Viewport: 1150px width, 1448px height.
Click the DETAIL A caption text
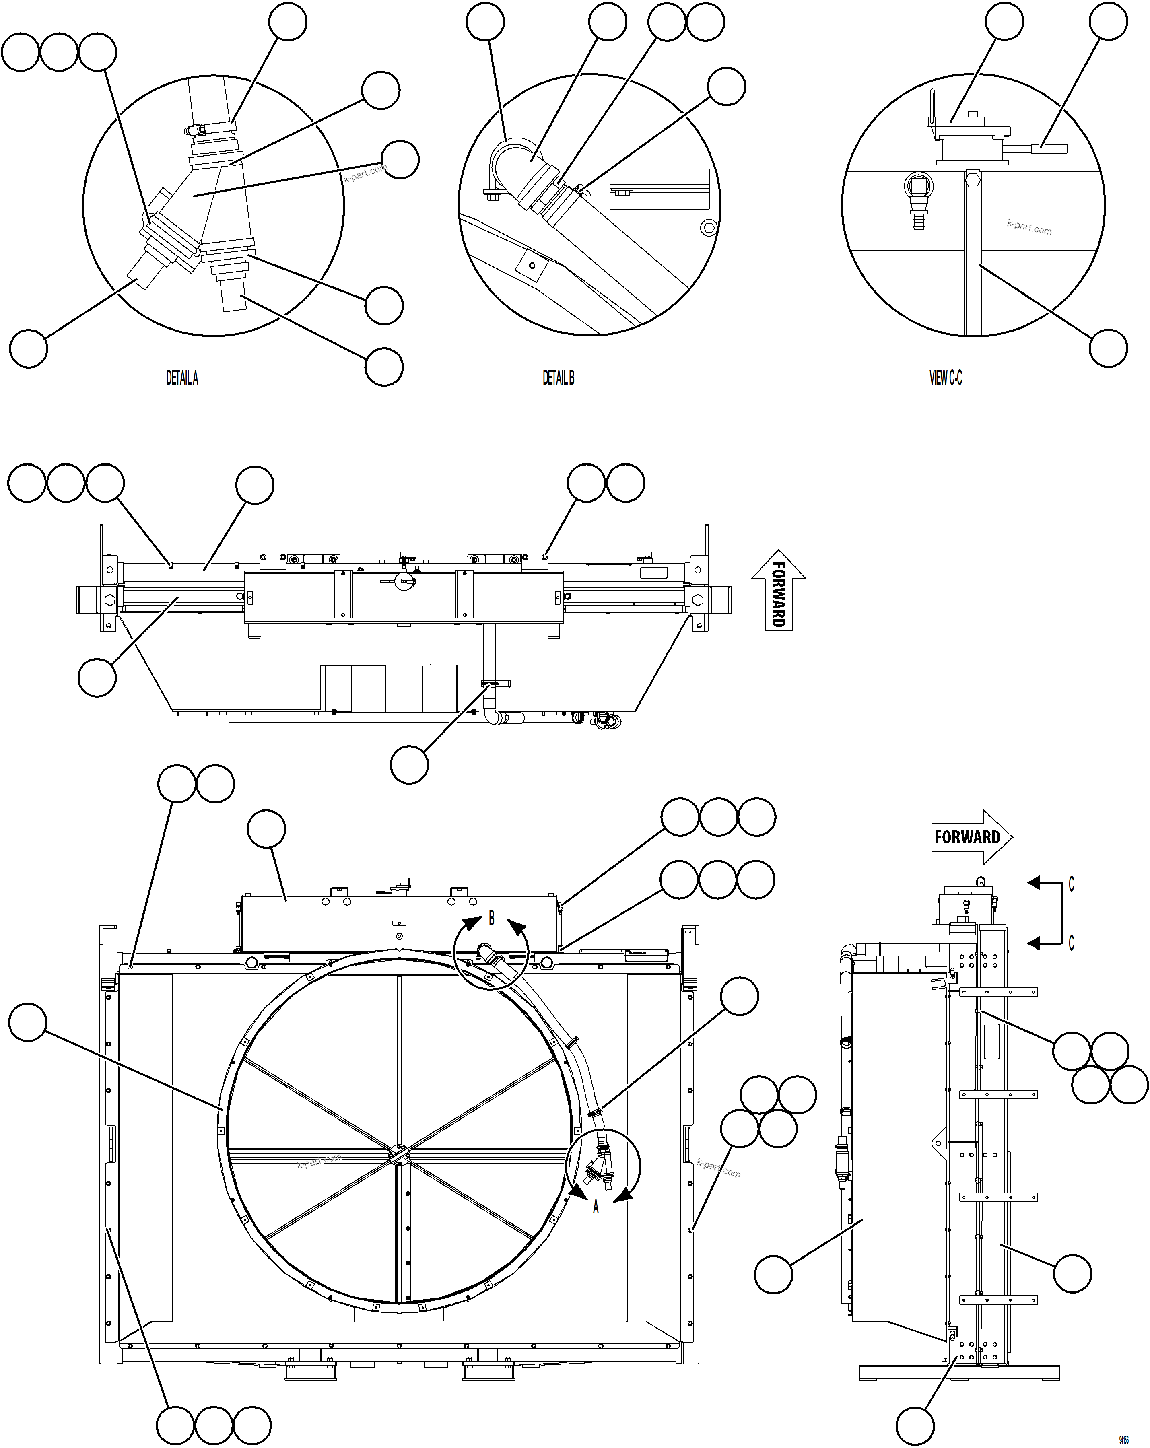tap(182, 378)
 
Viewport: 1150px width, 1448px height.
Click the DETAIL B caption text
tap(558, 378)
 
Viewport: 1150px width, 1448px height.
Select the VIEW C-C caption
tap(945, 378)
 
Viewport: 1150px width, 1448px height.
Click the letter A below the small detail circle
tap(595, 1207)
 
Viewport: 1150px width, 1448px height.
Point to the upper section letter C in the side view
tap(1071, 884)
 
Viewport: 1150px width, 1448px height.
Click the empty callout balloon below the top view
tap(409, 764)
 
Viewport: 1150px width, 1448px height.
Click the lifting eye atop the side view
tap(980, 879)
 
